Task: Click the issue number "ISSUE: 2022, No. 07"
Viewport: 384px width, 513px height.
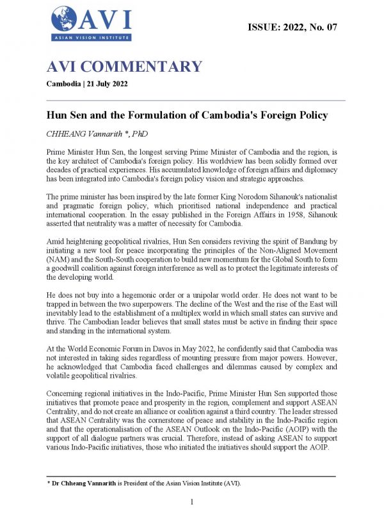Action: pyautogui.click(x=292, y=27)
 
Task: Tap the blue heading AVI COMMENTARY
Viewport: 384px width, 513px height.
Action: pyautogui.click(x=124, y=67)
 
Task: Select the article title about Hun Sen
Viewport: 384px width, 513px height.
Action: pyautogui.click(x=187, y=115)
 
